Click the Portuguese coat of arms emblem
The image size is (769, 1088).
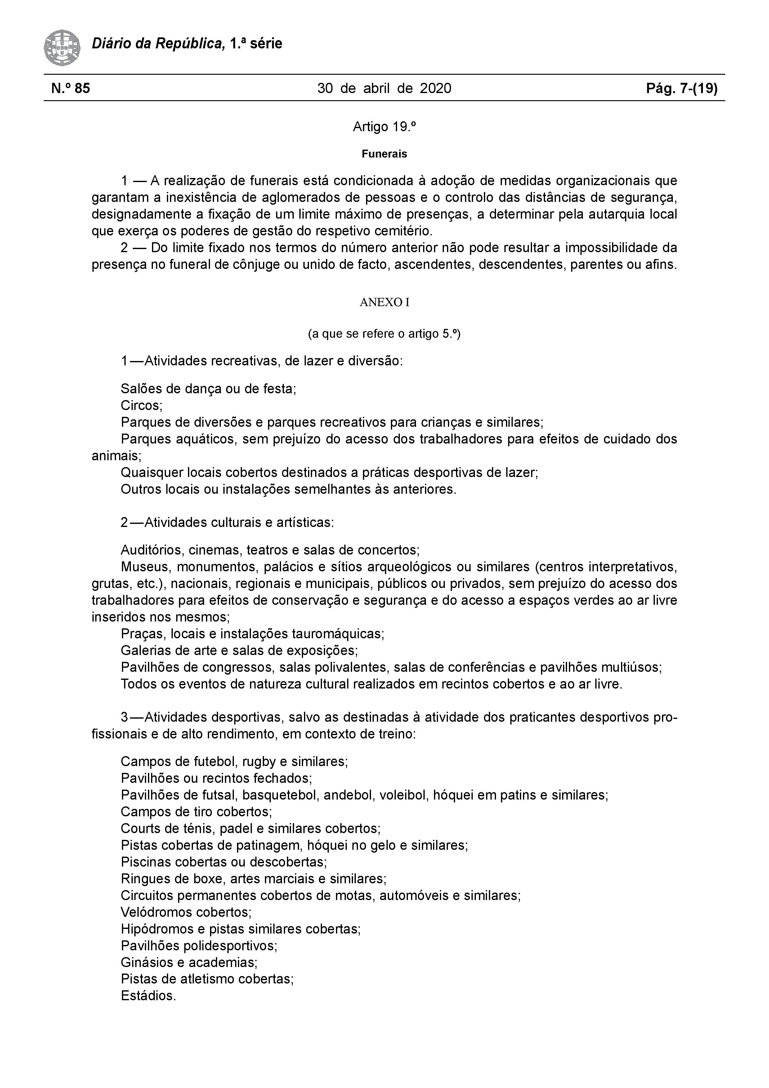(62, 47)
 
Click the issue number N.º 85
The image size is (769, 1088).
(71, 88)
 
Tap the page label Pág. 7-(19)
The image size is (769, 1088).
(682, 88)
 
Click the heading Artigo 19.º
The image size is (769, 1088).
(384, 127)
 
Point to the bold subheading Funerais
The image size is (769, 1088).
(384, 154)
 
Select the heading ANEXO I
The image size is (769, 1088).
(384, 302)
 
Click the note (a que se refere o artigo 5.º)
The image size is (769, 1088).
(384, 334)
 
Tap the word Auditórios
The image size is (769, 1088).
(152, 550)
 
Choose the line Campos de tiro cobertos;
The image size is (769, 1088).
(196, 812)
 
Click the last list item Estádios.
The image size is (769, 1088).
(148, 996)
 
